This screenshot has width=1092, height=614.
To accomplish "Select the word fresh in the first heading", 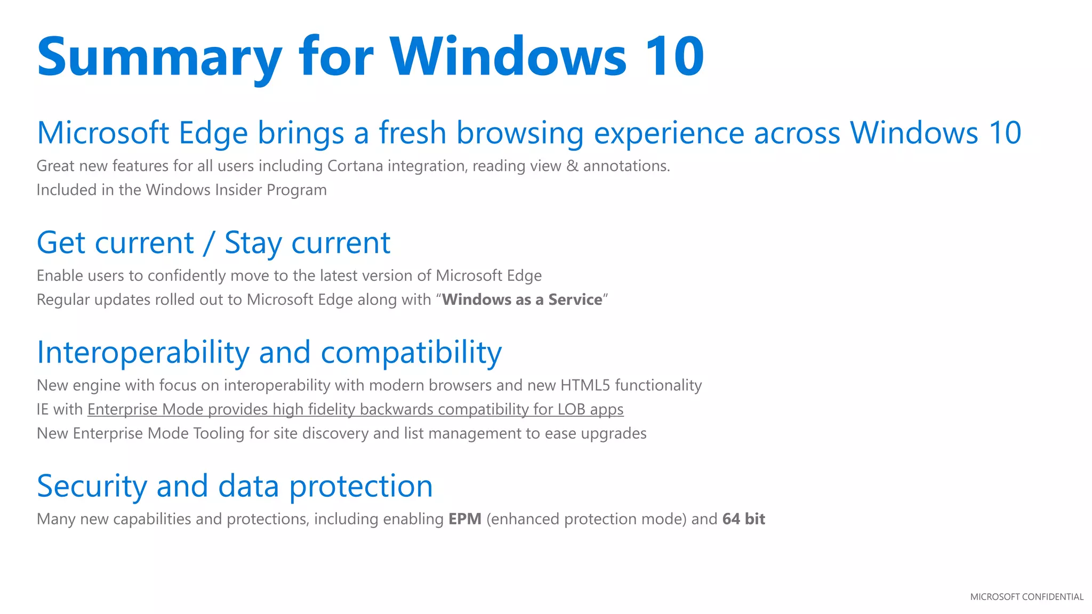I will tap(412, 133).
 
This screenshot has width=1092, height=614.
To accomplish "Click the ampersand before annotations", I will tap(572, 166).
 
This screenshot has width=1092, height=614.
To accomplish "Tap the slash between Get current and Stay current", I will tap(209, 243).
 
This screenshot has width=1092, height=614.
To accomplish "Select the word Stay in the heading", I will tap(253, 243).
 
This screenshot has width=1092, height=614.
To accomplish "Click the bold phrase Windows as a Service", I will tap(522, 300).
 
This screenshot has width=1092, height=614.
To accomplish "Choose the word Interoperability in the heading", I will tap(143, 353).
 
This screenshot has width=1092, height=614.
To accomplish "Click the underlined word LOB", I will tap(572, 409).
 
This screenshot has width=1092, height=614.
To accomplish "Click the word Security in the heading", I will tap(92, 486).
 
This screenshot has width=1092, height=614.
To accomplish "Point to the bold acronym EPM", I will tap(464, 519).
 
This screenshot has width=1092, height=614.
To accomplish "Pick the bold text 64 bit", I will tap(743, 519).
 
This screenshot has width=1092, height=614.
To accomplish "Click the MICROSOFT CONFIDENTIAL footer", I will tap(1026, 597).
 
